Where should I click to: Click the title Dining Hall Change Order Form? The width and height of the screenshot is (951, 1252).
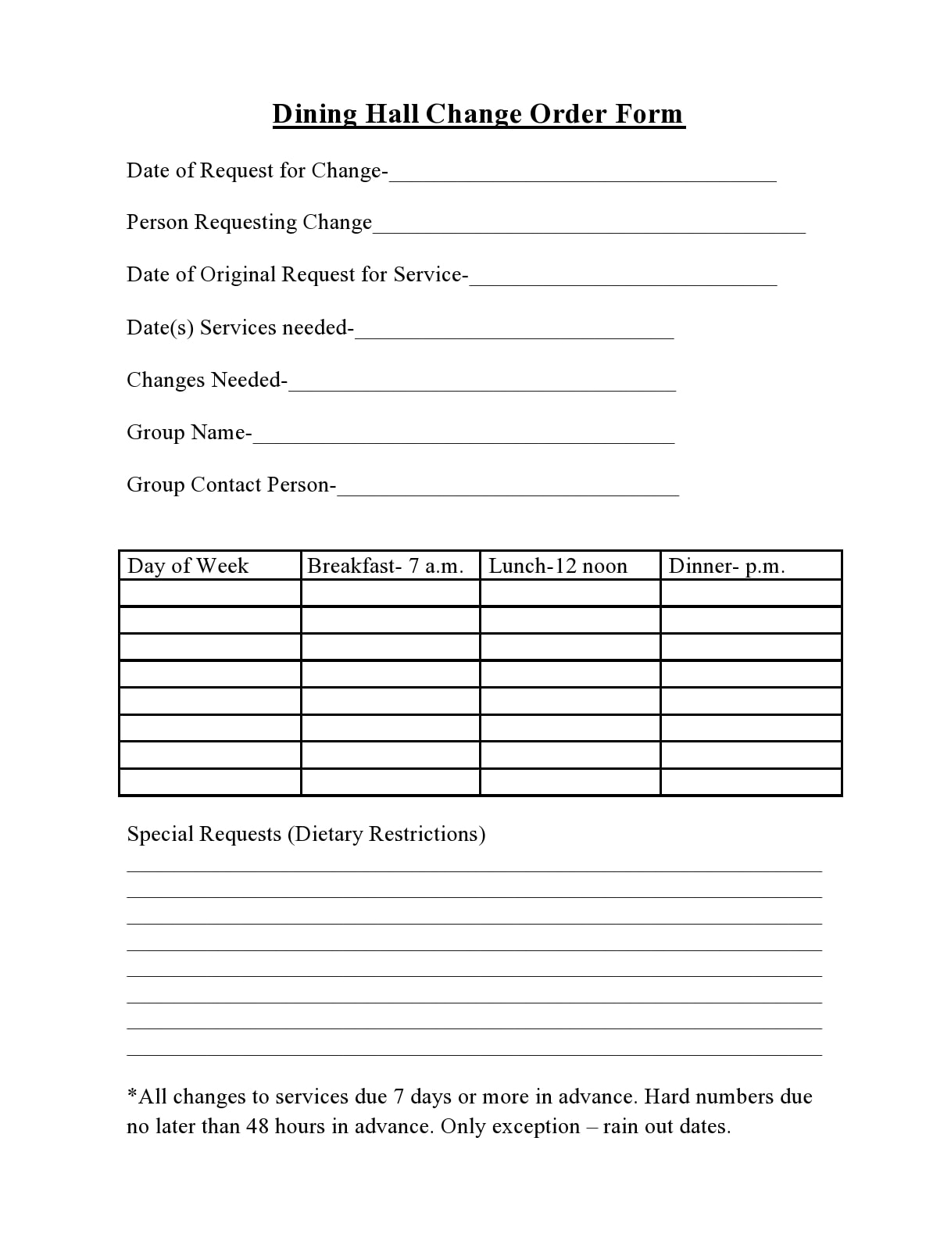(478, 114)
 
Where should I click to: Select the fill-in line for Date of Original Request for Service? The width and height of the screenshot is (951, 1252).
(623, 279)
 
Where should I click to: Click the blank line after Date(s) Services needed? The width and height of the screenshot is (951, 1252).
(513, 332)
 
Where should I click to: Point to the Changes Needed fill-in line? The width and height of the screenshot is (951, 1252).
(481, 385)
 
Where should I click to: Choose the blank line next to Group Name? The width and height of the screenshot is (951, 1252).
(463, 437)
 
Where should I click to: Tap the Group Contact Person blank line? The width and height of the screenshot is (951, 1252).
(508, 489)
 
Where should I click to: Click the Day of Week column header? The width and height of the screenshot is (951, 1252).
(188, 566)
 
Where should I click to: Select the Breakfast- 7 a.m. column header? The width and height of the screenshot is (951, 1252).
(385, 566)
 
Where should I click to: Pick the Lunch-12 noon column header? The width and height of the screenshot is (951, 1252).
(558, 566)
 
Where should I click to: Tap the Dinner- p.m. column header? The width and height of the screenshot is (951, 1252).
(727, 566)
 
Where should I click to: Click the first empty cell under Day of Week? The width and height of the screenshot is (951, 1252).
(210, 593)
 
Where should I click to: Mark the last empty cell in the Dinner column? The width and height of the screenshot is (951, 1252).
(751, 782)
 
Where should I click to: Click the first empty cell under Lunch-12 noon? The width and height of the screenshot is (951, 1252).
(570, 593)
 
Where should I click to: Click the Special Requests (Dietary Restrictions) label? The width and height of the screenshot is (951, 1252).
(306, 834)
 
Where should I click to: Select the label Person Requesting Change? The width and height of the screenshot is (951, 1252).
(249, 223)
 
